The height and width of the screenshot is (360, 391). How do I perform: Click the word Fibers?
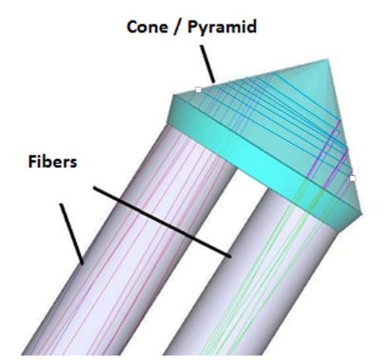coord(52,161)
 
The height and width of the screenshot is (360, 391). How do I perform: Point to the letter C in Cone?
coord(133,27)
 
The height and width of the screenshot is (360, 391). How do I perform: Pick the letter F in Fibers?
coord(32,161)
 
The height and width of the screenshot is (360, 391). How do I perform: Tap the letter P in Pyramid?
coord(193,27)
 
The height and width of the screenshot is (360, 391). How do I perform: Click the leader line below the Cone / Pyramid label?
coord(207,64)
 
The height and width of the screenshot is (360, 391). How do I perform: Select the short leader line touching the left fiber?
coord(71,234)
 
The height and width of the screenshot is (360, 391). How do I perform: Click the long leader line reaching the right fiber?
coord(162,222)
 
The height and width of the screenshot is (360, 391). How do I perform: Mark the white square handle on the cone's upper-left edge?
coord(198,90)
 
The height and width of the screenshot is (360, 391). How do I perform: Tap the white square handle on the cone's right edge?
coord(352,178)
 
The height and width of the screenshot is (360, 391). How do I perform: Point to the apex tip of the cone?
coord(326,60)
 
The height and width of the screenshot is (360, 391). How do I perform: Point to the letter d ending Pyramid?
coord(250,27)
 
